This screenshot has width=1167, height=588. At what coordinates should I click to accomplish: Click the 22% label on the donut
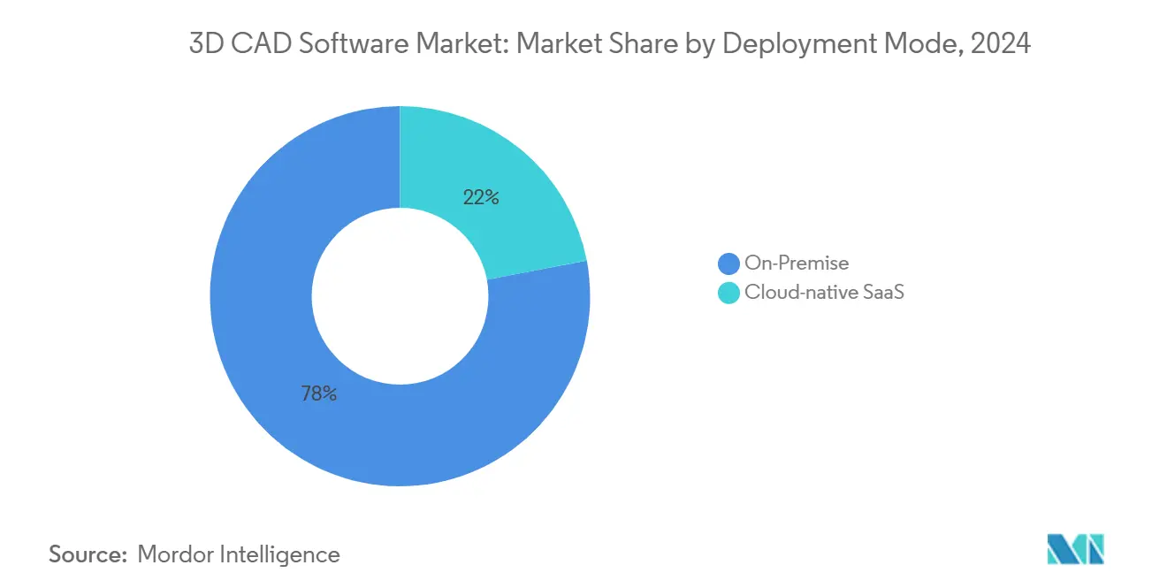481,198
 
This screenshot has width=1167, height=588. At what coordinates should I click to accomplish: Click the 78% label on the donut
318,394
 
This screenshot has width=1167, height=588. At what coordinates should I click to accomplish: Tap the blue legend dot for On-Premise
728,263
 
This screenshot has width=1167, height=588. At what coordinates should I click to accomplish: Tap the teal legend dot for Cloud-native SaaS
728,293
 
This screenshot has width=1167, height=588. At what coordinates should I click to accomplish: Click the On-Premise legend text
797,263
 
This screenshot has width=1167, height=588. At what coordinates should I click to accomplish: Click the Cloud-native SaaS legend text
824,293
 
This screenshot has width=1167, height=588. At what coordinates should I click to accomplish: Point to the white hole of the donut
400,296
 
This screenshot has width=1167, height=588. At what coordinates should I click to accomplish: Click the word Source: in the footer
88,554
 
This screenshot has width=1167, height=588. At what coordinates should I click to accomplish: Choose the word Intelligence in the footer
279,554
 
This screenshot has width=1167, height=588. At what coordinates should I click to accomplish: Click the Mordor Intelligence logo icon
1075,550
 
